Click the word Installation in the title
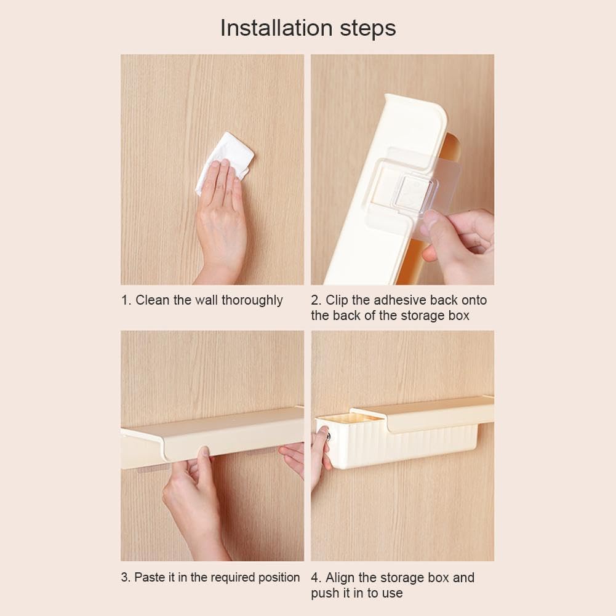click(276, 28)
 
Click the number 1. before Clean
click(126, 300)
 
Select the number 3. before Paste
click(126, 577)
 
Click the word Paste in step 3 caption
click(148, 577)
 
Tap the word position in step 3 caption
click(276, 577)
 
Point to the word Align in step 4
click(339, 577)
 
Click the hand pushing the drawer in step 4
click(319, 455)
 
